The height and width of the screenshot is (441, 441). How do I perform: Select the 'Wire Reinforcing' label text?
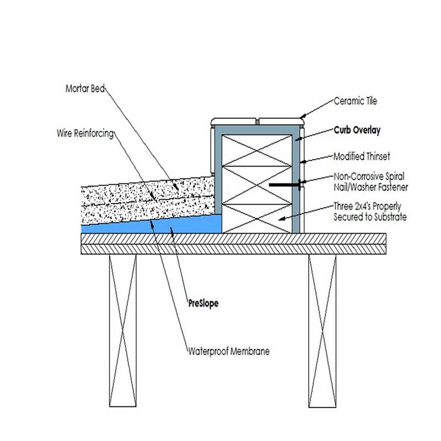click(85, 133)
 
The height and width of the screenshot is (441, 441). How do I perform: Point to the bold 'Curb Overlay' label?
click(357, 131)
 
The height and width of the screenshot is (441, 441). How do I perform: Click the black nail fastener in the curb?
click(284, 184)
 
